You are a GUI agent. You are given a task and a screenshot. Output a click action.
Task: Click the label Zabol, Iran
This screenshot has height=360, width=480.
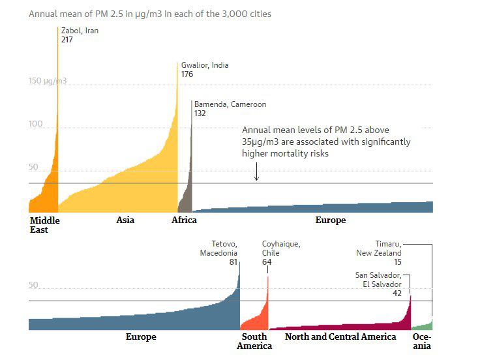(x=80, y=30)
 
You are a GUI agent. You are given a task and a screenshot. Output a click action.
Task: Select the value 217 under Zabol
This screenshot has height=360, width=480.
(x=67, y=39)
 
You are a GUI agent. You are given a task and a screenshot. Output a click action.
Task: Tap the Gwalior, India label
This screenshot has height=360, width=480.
(x=204, y=65)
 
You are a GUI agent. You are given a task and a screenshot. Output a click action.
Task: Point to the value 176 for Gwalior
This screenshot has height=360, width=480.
(x=187, y=74)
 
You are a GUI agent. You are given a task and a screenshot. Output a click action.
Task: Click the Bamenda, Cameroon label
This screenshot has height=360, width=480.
(x=230, y=104)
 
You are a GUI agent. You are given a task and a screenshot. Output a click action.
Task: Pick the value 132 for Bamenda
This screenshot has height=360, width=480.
(x=200, y=113)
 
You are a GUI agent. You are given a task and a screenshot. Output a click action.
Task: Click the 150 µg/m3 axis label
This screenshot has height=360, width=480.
(x=48, y=82)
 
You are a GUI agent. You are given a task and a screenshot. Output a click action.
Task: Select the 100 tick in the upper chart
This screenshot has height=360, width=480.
(x=35, y=124)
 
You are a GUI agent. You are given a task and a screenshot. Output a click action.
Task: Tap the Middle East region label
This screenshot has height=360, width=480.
(x=44, y=225)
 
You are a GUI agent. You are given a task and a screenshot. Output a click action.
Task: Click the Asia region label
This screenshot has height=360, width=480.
(x=125, y=220)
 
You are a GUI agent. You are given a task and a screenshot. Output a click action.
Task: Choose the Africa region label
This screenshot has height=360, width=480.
(x=184, y=220)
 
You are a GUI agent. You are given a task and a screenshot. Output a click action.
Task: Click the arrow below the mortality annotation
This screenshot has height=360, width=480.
(x=256, y=173)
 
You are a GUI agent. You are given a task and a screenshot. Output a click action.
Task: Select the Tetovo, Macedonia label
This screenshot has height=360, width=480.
(x=218, y=248)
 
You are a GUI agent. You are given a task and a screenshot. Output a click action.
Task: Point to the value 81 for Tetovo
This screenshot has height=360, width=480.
(x=233, y=262)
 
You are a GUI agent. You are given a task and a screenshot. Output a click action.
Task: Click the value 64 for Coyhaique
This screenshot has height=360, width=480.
(x=267, y=262)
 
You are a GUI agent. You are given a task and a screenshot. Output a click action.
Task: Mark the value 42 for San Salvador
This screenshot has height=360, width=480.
(x=397, y=293)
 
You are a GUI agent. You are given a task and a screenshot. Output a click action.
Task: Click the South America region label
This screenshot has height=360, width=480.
(x=254, y=341)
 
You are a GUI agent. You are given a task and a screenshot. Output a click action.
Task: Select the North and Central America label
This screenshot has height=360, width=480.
(x=340, y=337)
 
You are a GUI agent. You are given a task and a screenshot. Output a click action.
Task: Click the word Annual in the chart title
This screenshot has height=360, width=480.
(x=41, y=13)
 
